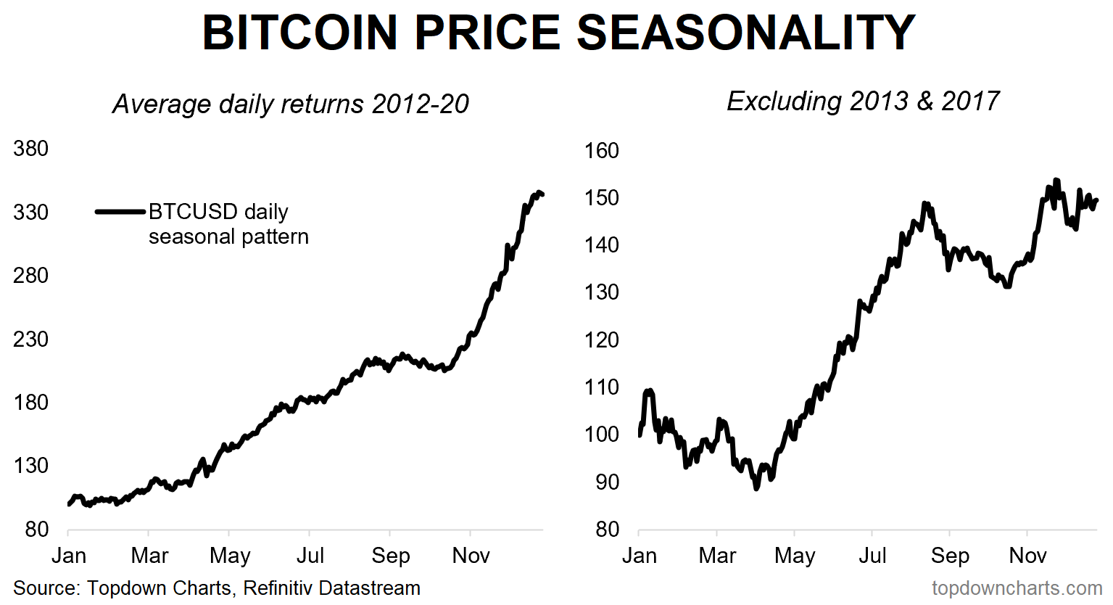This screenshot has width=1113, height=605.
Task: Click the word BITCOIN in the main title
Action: [x=300, y=32]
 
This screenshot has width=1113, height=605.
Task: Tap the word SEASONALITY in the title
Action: [x=746, y=32]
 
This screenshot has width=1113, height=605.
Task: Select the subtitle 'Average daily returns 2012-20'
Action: [x=291, y=104]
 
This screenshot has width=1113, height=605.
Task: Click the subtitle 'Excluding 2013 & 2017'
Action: [x=863, y=101]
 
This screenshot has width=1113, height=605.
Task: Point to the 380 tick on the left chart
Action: [x=30, y=149]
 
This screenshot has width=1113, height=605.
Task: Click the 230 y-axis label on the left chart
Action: [x=30, y=339]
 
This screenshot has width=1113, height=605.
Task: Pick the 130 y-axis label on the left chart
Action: [x=30, y=466]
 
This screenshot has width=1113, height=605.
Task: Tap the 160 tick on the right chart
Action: [x=602, y=151]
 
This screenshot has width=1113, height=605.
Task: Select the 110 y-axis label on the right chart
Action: [x=602, y=387]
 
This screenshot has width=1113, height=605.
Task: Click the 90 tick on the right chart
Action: [x=608, y=482]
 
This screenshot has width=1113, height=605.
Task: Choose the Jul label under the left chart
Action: [x=310, y=556]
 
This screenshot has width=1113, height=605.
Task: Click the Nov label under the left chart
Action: [x=471, y=556]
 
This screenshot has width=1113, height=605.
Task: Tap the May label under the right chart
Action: [x=795, y=556]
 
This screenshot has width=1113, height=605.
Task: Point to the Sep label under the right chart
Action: [x=950, y=556]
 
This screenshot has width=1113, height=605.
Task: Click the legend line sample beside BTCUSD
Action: [x=120, y=212]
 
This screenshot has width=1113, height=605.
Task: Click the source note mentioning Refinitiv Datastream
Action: [x=217, y=588]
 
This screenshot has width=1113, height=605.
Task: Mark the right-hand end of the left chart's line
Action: [x=542, y=194]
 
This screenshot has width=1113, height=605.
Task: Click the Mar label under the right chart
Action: [x=717, y=556]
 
